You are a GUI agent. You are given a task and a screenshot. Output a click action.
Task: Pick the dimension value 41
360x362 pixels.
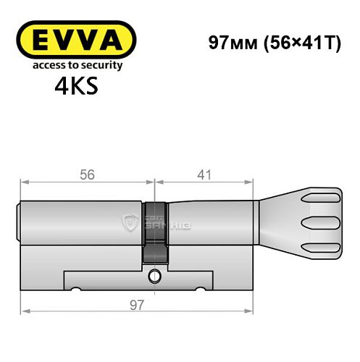pos(205,174)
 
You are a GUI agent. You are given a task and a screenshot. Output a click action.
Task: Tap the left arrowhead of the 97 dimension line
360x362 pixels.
pos(24,313)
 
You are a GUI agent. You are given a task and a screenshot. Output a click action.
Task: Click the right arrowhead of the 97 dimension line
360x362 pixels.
pos(254,313)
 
